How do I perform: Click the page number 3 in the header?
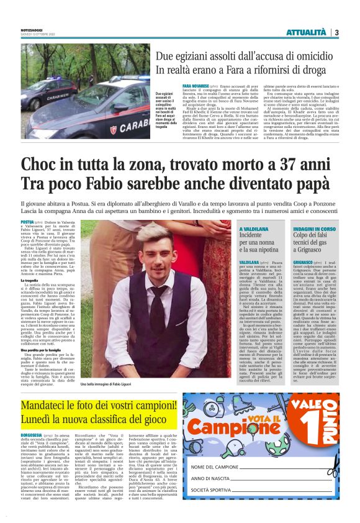(336, 32)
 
